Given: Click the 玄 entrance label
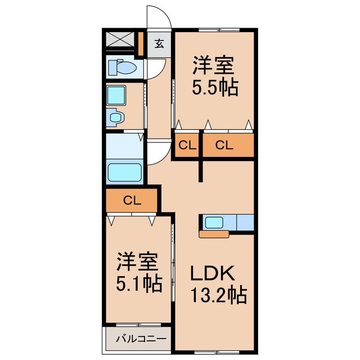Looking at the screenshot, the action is coord(159,44).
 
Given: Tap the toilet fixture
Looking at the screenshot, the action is coord(123,67).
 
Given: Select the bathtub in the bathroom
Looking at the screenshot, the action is coord(124,172).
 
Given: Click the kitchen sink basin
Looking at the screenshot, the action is coord(214,223).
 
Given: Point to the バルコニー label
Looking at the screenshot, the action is coord(141,339).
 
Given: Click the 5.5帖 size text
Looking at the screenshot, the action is coord(215,88).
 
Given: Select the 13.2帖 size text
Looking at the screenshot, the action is coord(219,295).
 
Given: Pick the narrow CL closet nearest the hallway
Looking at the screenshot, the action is coord(187,145).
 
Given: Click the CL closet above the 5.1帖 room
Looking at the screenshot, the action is coord(132,200).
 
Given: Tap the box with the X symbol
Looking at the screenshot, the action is coord(120,39).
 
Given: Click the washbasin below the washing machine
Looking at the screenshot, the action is coord(115,118).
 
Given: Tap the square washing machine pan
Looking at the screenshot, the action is coord(116,95).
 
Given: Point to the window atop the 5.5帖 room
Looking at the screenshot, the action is coord(219,30).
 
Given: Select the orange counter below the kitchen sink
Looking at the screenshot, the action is coord(214,235).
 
